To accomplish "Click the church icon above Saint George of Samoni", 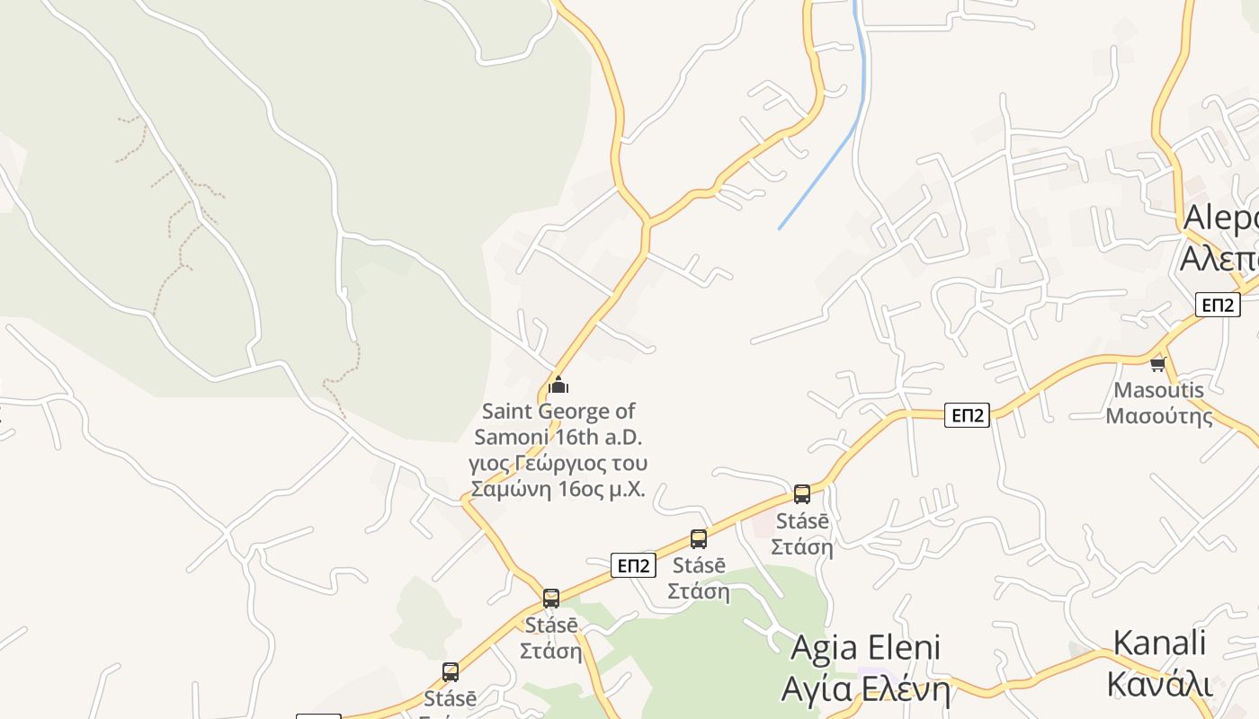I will [x=558, y=386].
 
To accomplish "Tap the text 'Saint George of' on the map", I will [x=558, y=412].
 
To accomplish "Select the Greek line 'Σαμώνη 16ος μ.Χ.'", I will [x=558, y=489].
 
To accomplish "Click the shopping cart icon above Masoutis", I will [x=1158, y=364].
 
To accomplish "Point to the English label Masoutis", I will [x=1158, y=390].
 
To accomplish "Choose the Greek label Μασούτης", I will [x=1158, y=416].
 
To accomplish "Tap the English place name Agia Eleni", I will [x=865, y=648].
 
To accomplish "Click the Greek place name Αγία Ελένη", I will [x=865, y=689].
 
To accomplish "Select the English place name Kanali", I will [x=1159, y=644].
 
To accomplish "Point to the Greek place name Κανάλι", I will [x=1159, y=683].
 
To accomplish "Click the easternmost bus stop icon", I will [x=801, y=494].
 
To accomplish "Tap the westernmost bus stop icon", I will [x=451, y=671].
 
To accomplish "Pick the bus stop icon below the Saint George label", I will [x=551, y=598].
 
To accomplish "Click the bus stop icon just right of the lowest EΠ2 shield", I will [x=699, y=539].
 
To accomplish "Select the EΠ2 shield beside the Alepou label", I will [x=1218, y=305].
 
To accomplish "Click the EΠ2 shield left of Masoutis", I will [x=967, y=414].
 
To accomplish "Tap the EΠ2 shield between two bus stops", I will [x=633, y=565].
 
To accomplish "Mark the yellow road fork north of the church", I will [x=646, y=222].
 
